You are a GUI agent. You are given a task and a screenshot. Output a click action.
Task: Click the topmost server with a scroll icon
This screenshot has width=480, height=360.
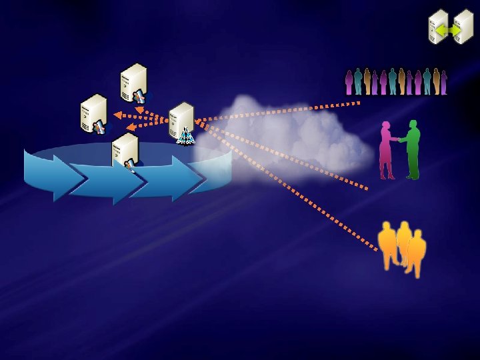coord(133,81)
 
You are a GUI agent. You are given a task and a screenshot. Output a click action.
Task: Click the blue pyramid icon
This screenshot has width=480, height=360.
coord(185,137)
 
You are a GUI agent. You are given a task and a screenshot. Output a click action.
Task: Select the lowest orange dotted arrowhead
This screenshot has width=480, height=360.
coord(131,127)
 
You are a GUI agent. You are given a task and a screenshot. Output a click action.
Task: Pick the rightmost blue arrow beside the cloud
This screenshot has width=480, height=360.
coord(170,176)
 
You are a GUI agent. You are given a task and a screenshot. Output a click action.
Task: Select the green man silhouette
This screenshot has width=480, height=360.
coord(413,149)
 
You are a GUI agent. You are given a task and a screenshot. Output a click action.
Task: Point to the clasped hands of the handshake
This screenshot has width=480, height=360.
coord(399,139)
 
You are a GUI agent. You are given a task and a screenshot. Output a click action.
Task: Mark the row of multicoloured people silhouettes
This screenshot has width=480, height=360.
coord(395,81)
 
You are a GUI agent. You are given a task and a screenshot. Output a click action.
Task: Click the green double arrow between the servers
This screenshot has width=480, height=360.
coord(445,30)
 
